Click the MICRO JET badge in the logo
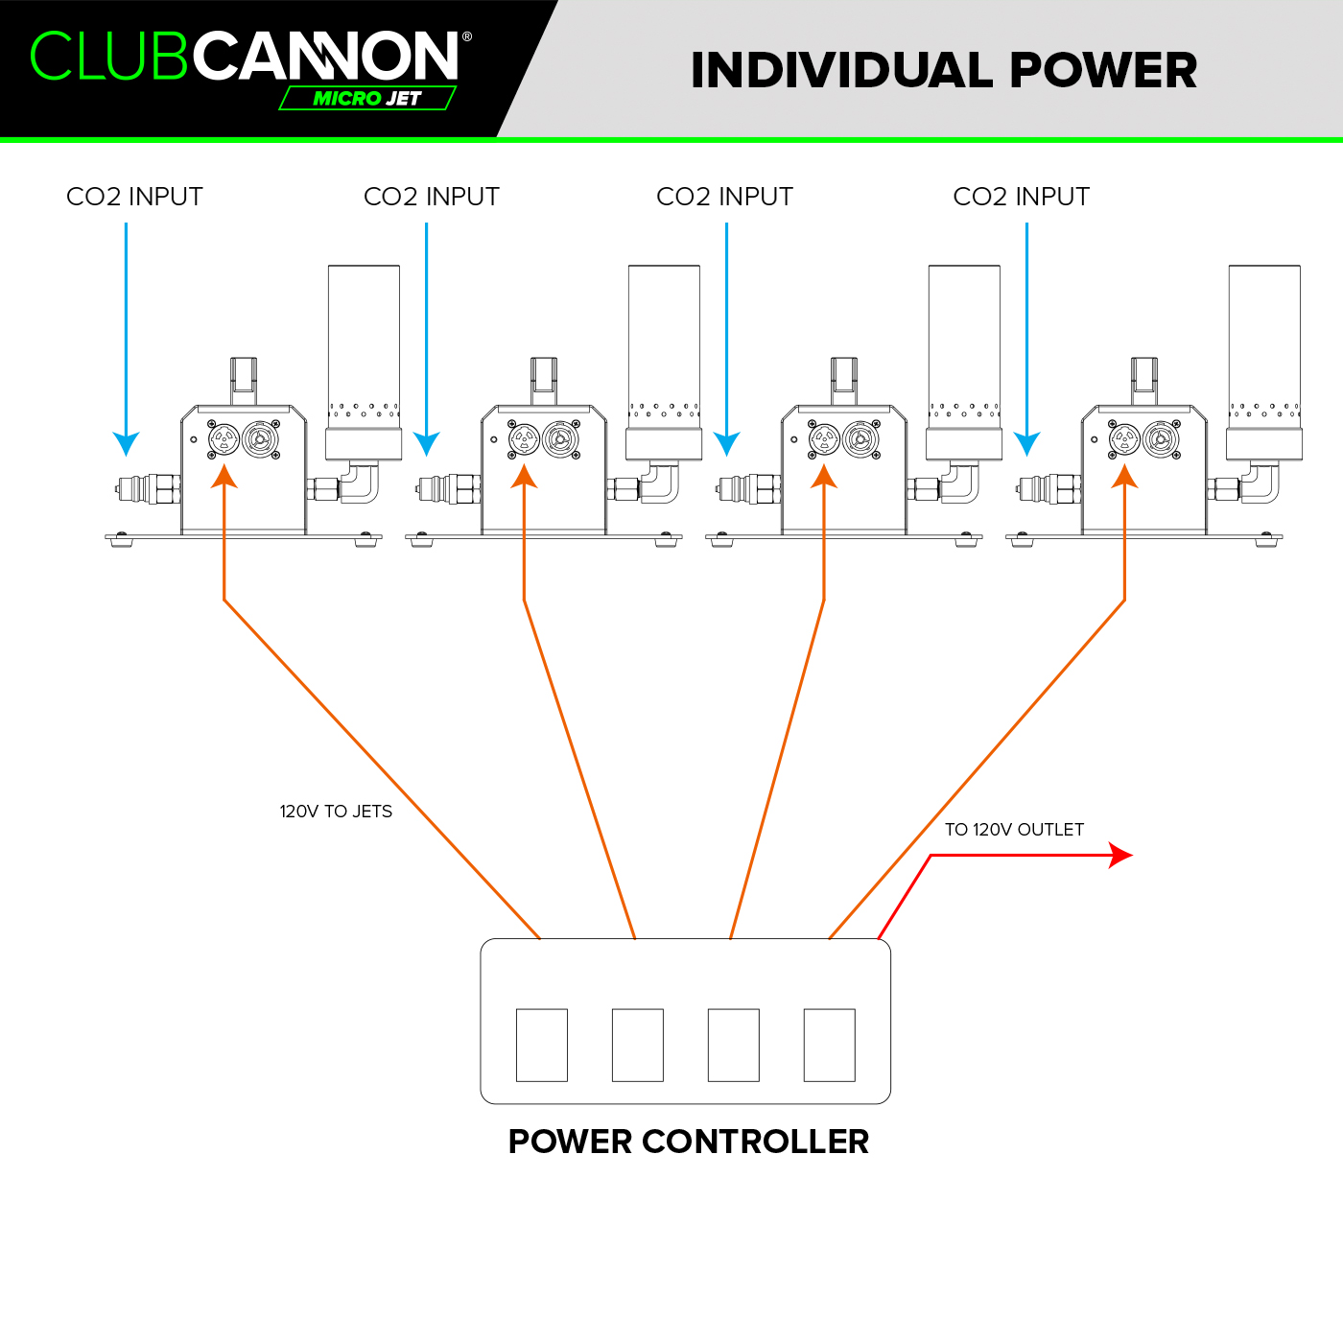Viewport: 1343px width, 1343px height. [367, 98]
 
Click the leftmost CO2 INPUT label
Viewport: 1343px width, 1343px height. [134, 197]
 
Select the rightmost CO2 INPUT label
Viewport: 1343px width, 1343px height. [1021, 197]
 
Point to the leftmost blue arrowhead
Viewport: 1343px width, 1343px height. [126, 443]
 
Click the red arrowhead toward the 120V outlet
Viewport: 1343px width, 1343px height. [1120, 855]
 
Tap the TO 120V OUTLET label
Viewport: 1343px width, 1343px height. [1014, 830]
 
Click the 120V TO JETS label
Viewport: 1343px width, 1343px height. [336, 812]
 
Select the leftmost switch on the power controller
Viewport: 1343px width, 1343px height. [542, 1045]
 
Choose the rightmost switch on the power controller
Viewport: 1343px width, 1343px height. [830, 1045]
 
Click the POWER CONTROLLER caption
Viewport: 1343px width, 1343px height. [689, 1142]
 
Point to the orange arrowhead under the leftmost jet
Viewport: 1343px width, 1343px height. [224, 476]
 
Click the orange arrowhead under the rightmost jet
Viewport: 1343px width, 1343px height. [1125, 476]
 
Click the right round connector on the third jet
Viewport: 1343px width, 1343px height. [860, 438]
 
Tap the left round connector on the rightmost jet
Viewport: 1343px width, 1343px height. [1124, 439]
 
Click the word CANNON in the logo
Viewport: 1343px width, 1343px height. [325, 56]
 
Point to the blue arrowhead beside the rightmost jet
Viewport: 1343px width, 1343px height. [1026, 443]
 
